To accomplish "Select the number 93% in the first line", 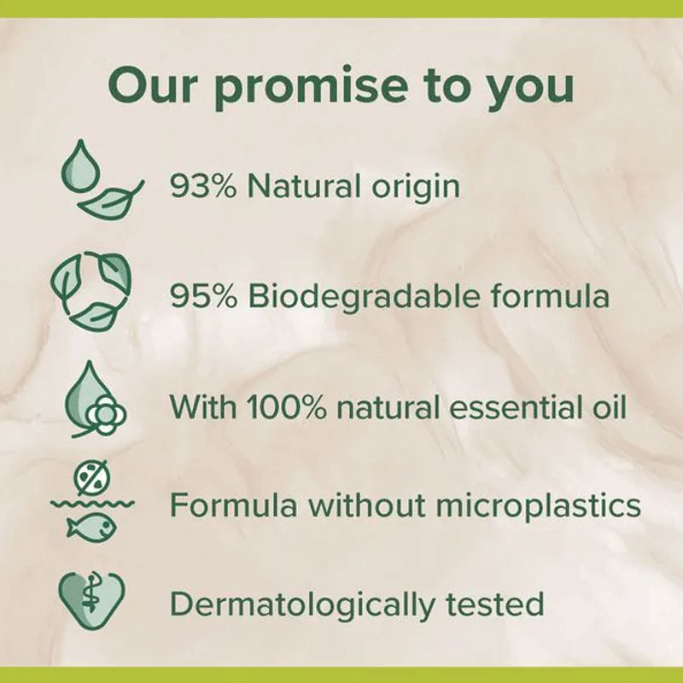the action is tap(203, 186).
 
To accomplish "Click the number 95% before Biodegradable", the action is tap(203, 296).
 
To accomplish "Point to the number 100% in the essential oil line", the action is tap(287, 407).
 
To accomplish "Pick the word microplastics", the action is tap(538, 506).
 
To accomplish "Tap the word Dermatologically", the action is tap(302, 604).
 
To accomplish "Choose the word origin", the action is tap(416, 187).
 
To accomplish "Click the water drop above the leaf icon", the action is tap(80, 166).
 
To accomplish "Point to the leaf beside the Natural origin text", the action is tap(110, 200).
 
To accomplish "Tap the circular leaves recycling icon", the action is tap(90, 289).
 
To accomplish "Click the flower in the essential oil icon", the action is tap(106, 416).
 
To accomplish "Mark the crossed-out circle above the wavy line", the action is tap(92, 477).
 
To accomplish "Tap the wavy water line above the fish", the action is tap(92, 505).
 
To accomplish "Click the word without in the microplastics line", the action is tap(367, 505).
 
